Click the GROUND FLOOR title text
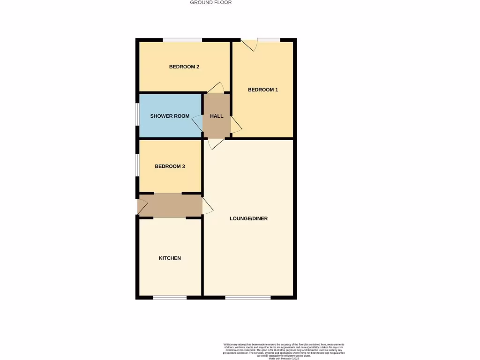tap(210, 2)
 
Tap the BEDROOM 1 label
tap(263, 90)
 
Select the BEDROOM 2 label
tap(184, 67)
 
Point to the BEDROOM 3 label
tap(170, 166)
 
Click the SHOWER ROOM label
tap(170, 116)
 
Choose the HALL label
tap(217, 116)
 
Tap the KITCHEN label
tap(170, 258)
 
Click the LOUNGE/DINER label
tap(248, 218)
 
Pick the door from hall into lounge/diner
tap(216, 143)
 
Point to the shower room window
tap(137, 114)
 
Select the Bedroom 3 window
tap(137, 165)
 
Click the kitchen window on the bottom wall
tap(170, 297)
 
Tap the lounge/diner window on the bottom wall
tap(247, 297)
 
